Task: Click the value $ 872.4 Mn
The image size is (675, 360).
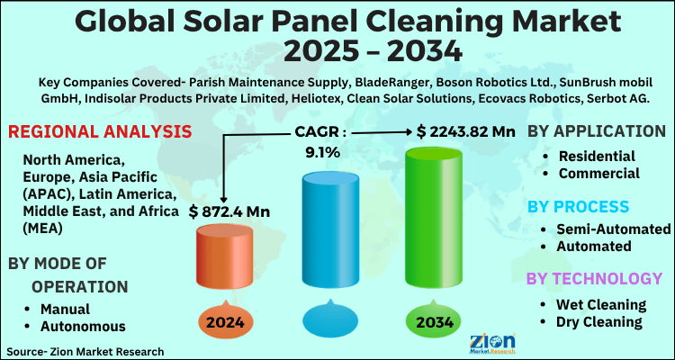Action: click(233, 211)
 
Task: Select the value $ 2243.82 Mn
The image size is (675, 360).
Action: click(465, 131)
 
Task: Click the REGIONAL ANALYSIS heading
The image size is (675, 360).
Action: click(86, 132)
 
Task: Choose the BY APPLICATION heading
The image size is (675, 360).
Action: click(596, 131)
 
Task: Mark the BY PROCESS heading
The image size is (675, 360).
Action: click(579, 206)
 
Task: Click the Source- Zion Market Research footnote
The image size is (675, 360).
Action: click(85, 350)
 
